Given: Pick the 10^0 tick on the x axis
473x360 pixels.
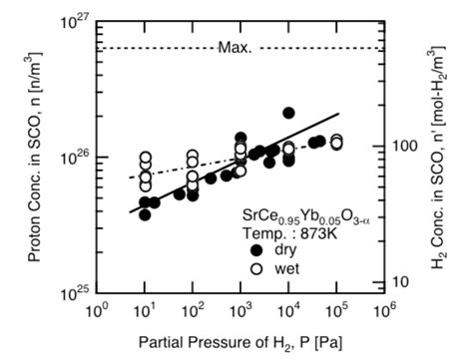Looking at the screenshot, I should click(x=98, y=309).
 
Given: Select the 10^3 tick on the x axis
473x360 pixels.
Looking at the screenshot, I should click(x=240, y=309).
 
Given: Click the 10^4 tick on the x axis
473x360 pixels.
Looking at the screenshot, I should click(x=288, y=309).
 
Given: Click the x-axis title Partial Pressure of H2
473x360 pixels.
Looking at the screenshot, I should click(x=239, y=340).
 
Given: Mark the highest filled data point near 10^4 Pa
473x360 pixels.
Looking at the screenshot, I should click(x=288, y=113).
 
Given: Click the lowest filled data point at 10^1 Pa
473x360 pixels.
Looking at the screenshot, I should click(x=145, y=214).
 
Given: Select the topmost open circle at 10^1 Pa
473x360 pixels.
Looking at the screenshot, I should click(x=145, y=158).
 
